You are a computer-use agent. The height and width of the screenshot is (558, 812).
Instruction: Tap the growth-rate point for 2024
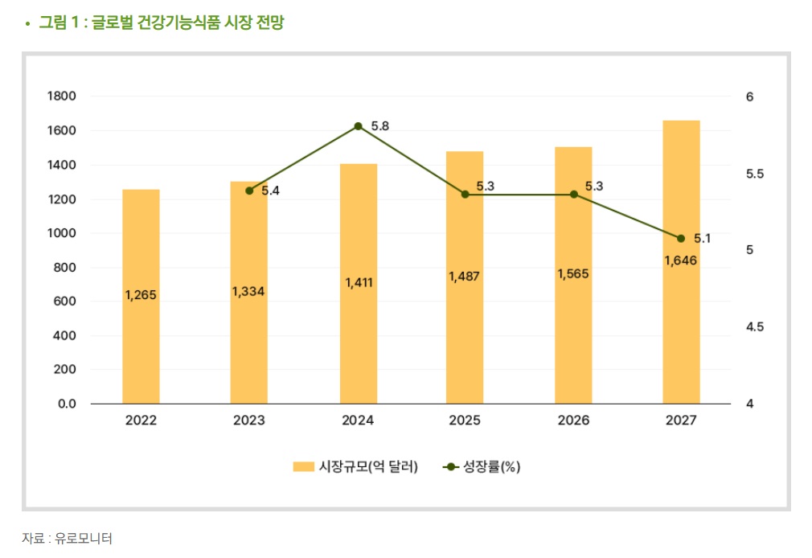tap(358, 126)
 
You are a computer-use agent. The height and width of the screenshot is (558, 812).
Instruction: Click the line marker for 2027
tap(681, 238)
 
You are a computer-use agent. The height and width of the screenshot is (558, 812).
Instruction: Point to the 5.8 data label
tap(380, 126)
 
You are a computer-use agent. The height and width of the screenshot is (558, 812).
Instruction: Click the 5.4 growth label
tap(269, 191)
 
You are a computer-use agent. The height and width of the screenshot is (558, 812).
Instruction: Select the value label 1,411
tap(359, 283)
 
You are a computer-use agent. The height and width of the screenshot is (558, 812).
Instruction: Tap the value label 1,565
tap(573, 273)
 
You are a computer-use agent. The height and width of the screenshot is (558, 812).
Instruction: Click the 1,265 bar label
tap(141, 295)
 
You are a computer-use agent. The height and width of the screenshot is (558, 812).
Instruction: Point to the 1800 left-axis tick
tap(62, 96)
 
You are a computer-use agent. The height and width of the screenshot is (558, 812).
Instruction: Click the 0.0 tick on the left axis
tap(66, 404)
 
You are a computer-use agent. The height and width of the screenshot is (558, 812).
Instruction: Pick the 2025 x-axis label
tap(465, 421)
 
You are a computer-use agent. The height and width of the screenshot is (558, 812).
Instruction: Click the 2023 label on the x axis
tap(249, 421)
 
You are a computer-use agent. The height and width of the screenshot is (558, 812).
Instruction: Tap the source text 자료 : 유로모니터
tap(67, 538)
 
